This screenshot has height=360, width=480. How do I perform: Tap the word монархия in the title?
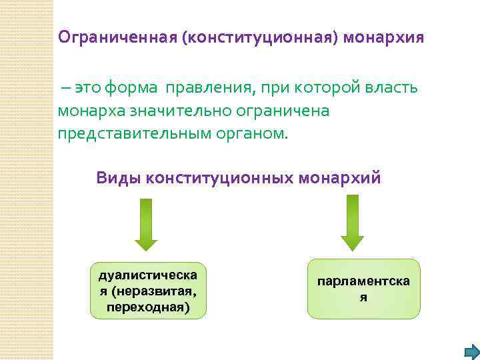tap(385, 36)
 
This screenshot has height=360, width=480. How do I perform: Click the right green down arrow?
tap(352, 224)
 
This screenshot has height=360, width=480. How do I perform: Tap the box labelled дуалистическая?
tap(148, 290)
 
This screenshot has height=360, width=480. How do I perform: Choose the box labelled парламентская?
tap(363, 289)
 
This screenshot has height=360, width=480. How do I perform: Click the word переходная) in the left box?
tap(148, 307)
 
